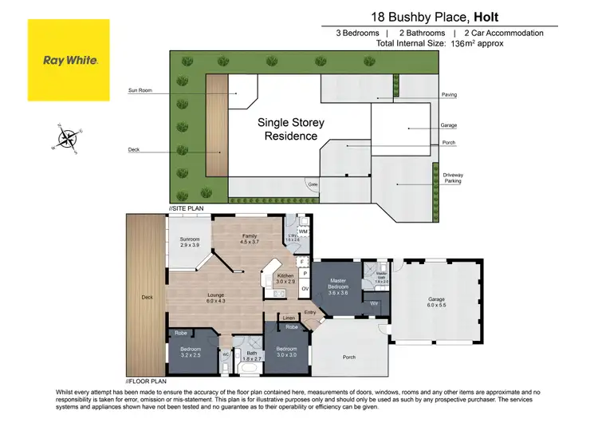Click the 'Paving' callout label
(449, 95)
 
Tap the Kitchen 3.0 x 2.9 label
(285, 279)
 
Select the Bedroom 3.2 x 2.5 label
(191, 353)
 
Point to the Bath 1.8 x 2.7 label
(250, 357)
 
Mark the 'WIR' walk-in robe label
(373, 303)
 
